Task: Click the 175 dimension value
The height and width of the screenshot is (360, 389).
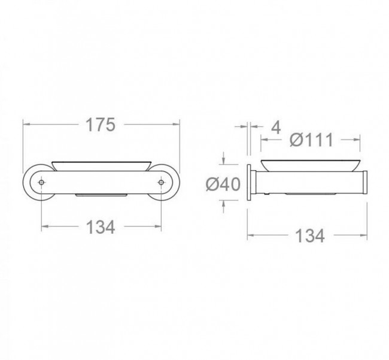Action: coord(101,125)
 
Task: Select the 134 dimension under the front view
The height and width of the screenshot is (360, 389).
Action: coord(101,227)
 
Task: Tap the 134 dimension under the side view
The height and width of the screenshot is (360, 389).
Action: coord(310,236)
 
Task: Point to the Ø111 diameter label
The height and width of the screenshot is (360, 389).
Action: coord(311,140)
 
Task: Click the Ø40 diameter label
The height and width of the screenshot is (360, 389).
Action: coord(223,184)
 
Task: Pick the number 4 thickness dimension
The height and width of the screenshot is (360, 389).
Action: coord(276,128)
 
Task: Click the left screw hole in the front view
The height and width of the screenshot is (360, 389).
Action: coord(41,182)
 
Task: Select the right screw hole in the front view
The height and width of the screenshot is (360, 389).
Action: coord(161,182)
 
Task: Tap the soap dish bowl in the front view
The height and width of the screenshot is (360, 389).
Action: coord(101,166)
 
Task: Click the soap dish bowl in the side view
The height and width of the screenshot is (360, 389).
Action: coord(311,165)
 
